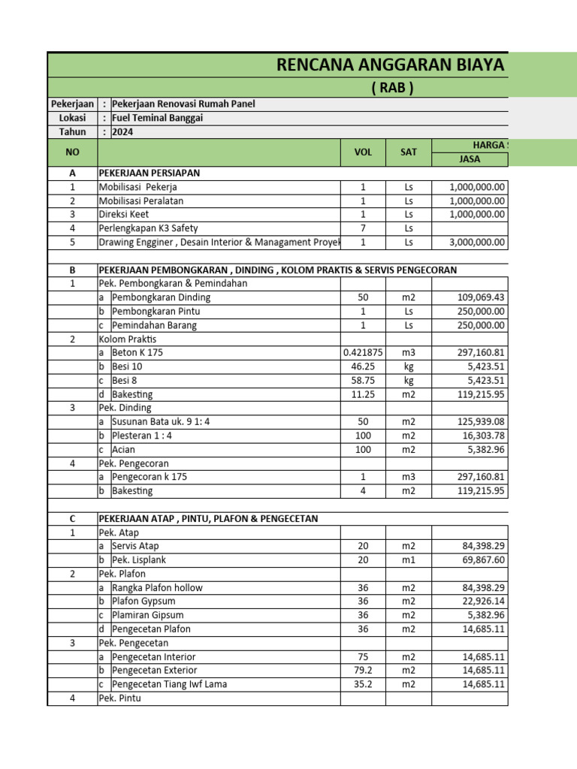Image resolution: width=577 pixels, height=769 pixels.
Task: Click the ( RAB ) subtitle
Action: [393, 88]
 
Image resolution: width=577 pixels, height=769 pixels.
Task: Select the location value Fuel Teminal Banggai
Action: [157, 118]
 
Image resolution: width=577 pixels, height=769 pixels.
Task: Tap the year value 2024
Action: [121, 131]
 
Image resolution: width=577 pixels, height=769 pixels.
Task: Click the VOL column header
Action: [363, 152]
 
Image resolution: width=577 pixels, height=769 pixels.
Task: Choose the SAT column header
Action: [409, 152]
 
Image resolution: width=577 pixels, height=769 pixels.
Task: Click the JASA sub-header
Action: [470, 158]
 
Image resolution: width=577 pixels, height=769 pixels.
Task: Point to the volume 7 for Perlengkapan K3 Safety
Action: [363, 228]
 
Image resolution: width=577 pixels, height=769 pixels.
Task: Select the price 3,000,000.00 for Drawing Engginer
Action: [477, 242]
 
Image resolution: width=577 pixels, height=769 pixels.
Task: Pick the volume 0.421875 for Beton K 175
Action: [363, 352]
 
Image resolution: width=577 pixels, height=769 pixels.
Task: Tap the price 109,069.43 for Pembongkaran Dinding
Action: [482, 297]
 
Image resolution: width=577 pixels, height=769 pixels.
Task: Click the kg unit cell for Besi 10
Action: [409, 366]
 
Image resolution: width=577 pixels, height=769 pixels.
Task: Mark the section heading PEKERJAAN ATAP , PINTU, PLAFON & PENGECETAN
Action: [208, 518]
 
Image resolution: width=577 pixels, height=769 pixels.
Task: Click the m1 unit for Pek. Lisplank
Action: [409, 560]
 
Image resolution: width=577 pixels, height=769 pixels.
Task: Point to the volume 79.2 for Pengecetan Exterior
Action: [363, 670]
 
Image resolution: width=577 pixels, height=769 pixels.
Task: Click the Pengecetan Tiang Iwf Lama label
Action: [169, 684]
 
